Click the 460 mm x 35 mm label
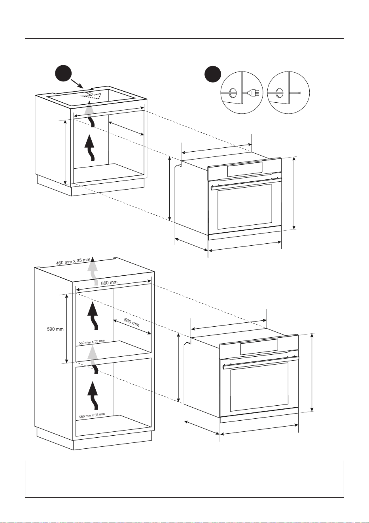(73, 261)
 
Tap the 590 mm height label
(55, 329)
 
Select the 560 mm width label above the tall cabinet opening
(109, 283)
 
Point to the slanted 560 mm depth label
(131, 322)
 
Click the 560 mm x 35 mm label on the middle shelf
(92, 342)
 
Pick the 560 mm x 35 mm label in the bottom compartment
(92, 416)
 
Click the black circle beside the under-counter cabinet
(63, 73)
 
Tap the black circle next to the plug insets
(212, 74)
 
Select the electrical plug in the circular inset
(253, 93)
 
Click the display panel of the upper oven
(244, 169)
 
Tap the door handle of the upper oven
(246, 184)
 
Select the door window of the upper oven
(245, 207)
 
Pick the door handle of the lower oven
(261, 362)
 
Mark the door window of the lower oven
(259, 387)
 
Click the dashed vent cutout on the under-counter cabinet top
(91, 96)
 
